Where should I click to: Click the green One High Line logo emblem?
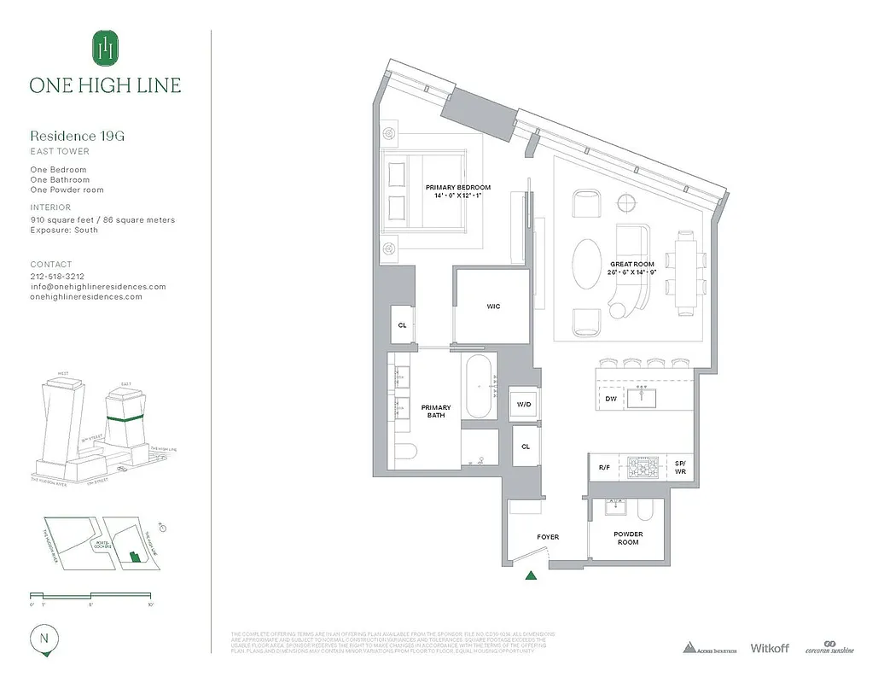coord(105,48)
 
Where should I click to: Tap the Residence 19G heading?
coord(79,136)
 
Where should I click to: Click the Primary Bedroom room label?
coord(458,191)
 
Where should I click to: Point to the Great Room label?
coord(632,269)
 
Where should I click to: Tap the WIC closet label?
coord(493,306)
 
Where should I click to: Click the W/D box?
coord(522,405)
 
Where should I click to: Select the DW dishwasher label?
coord(611,399)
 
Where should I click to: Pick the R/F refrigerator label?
coord(604,468)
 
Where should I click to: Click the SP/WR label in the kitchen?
coord(680,468)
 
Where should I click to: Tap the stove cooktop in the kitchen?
coord(642,468)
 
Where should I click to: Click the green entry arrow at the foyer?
coord(532,576)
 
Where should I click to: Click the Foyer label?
coord(548,537)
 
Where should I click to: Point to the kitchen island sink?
coord(642,396)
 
